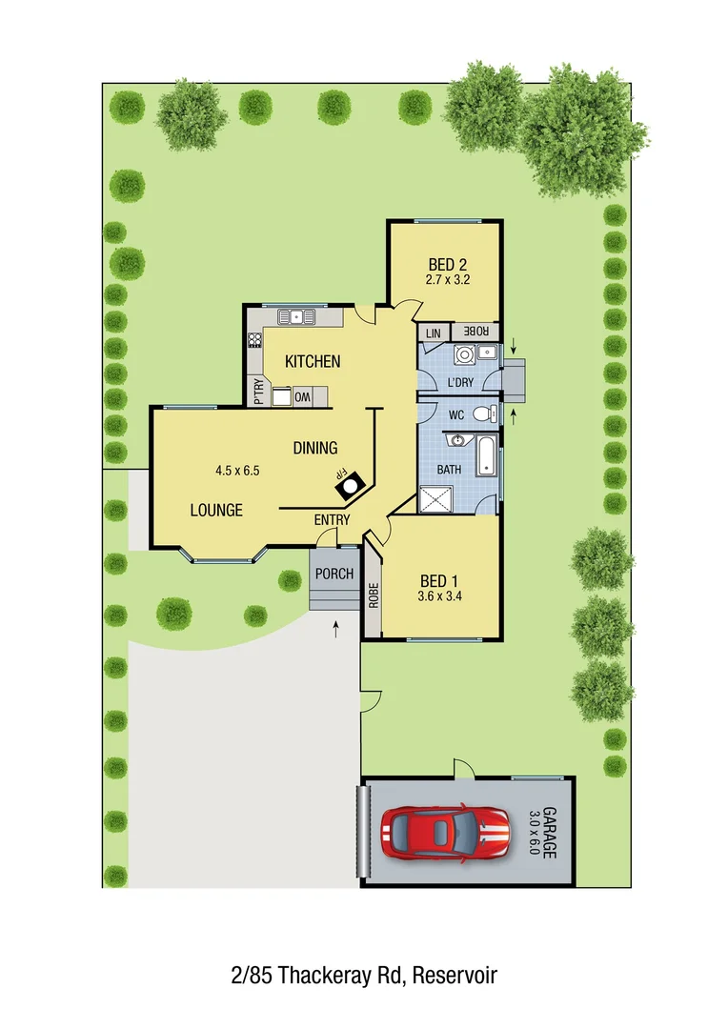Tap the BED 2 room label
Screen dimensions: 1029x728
[x=447, y=264]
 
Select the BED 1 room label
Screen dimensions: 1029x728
[x=439, y=580]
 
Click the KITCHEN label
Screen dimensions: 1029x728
[x=313, y=361]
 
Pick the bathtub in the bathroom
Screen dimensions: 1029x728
[x=486, y=454]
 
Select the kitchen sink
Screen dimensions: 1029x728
[x=295, y=316]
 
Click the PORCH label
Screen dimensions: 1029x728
[x=334, y=575]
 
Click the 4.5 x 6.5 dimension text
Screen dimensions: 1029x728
[x=237, y=470]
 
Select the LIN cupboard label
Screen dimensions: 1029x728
[x=434, y=333]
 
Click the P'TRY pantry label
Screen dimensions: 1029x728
[x=258, y=392]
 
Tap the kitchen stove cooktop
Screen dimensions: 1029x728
[x=254, y=338]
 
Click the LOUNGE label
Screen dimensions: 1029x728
[x=216, y=510]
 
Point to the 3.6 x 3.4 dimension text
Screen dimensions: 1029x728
[x=439, y=597]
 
